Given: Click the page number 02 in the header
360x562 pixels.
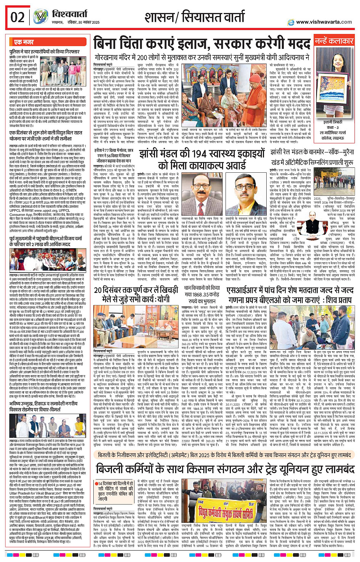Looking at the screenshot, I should [18, 18].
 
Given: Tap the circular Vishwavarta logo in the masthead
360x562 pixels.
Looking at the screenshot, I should [41, 17].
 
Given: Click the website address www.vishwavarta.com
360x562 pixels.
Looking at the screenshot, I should [324, 22].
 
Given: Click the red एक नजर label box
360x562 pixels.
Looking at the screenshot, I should [24, 42].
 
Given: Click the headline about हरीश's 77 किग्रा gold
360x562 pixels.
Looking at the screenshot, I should [114, 156].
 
